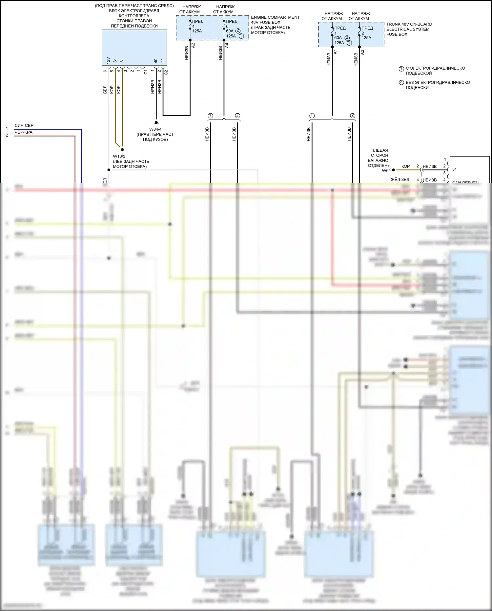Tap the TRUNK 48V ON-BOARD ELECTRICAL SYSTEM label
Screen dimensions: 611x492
coord(409,29)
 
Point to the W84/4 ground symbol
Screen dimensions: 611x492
coord(156,123)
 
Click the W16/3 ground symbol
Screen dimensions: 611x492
coord(122,150)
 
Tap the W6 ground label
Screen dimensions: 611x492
coord(385,170)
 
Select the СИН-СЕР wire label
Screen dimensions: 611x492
coord(24,125)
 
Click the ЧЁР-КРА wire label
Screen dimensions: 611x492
coord(24,132)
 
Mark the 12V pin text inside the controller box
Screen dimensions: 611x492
coord(108,60)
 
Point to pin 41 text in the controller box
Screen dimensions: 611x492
coord(162,61)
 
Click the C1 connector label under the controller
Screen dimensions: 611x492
coord(146,72)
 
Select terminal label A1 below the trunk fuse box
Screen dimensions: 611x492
coord(335,52)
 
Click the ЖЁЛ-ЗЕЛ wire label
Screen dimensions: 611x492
coord(400,180)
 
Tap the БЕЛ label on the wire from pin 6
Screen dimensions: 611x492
coord(105,90)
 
